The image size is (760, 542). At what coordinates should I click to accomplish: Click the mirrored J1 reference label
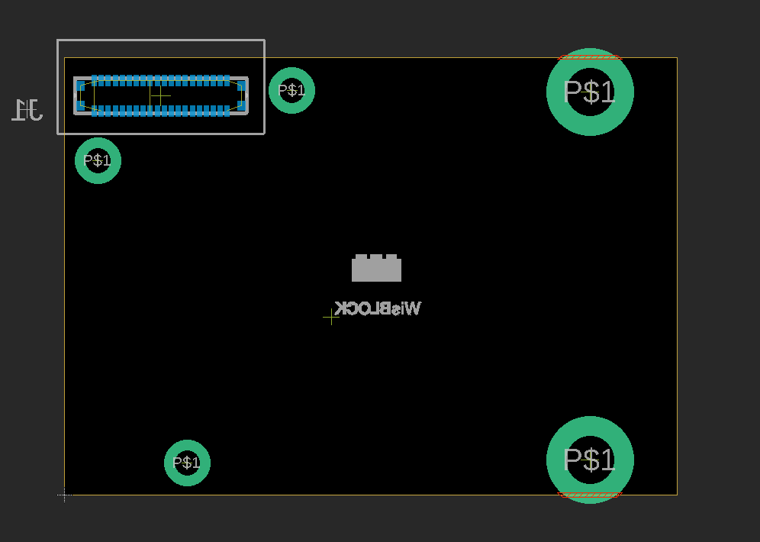coord(27,110)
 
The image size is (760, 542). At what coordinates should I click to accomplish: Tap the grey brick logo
coord(376,269)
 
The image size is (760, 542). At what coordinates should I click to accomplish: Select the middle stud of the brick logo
coord(376,257)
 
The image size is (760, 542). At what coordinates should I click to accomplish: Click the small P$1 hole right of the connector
coord(291,90)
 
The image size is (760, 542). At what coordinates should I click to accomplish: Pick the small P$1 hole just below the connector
coord(98,160)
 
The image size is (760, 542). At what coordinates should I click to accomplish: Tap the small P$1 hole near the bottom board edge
coord(187,463)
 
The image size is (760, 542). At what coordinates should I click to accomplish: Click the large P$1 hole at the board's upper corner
coord(590,92)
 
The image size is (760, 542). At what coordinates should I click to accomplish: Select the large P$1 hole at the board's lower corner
coord(590,460)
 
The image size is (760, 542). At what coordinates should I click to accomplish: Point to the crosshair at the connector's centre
coord(159,96)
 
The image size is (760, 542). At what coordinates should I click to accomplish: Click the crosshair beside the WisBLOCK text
coord(330,317)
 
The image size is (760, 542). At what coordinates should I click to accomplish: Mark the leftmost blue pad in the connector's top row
coord(95,80)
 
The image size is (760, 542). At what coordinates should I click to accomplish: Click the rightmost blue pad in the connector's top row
coord(227,80)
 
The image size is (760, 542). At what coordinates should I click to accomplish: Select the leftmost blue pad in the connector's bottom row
coord(95,111)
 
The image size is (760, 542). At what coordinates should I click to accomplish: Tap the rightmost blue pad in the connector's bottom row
coord(227,111)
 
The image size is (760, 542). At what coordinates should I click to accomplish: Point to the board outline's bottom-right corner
coord(677,495)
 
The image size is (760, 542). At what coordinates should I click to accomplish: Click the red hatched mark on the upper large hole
coord(590,57)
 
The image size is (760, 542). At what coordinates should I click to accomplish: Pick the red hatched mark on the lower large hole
coord(590,495)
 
